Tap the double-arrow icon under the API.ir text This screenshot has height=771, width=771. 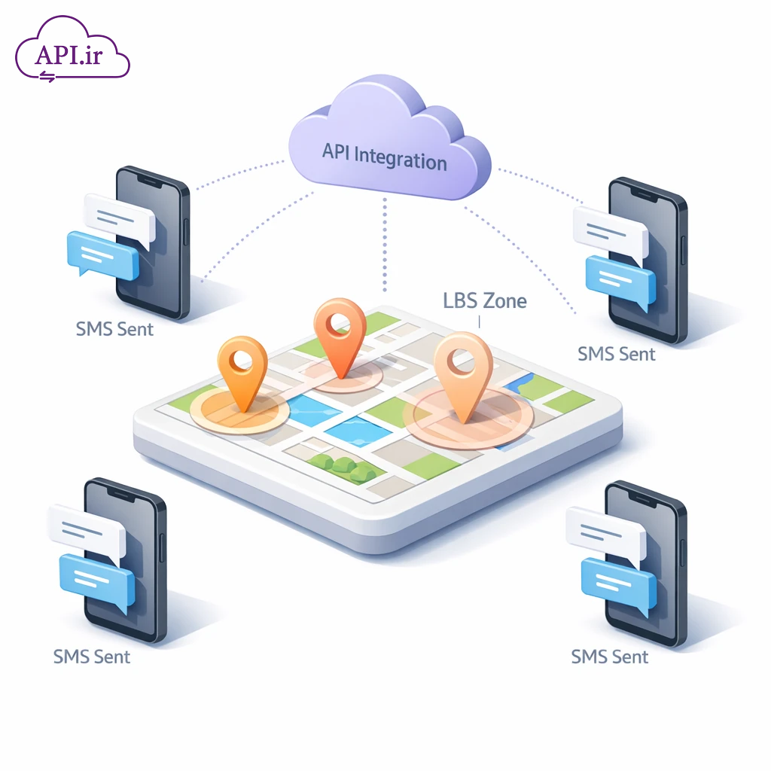coord(47,75)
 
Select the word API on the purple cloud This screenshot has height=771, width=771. coord(336,151)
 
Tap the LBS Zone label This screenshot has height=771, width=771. coord(485,301)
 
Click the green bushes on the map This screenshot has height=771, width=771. coord(343,468)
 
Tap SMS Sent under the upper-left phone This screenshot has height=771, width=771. coord(114,329)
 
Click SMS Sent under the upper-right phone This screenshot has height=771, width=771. coord(616,353)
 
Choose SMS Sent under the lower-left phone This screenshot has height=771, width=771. coord(92,656)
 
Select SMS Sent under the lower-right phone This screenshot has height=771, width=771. coord(610,656)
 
